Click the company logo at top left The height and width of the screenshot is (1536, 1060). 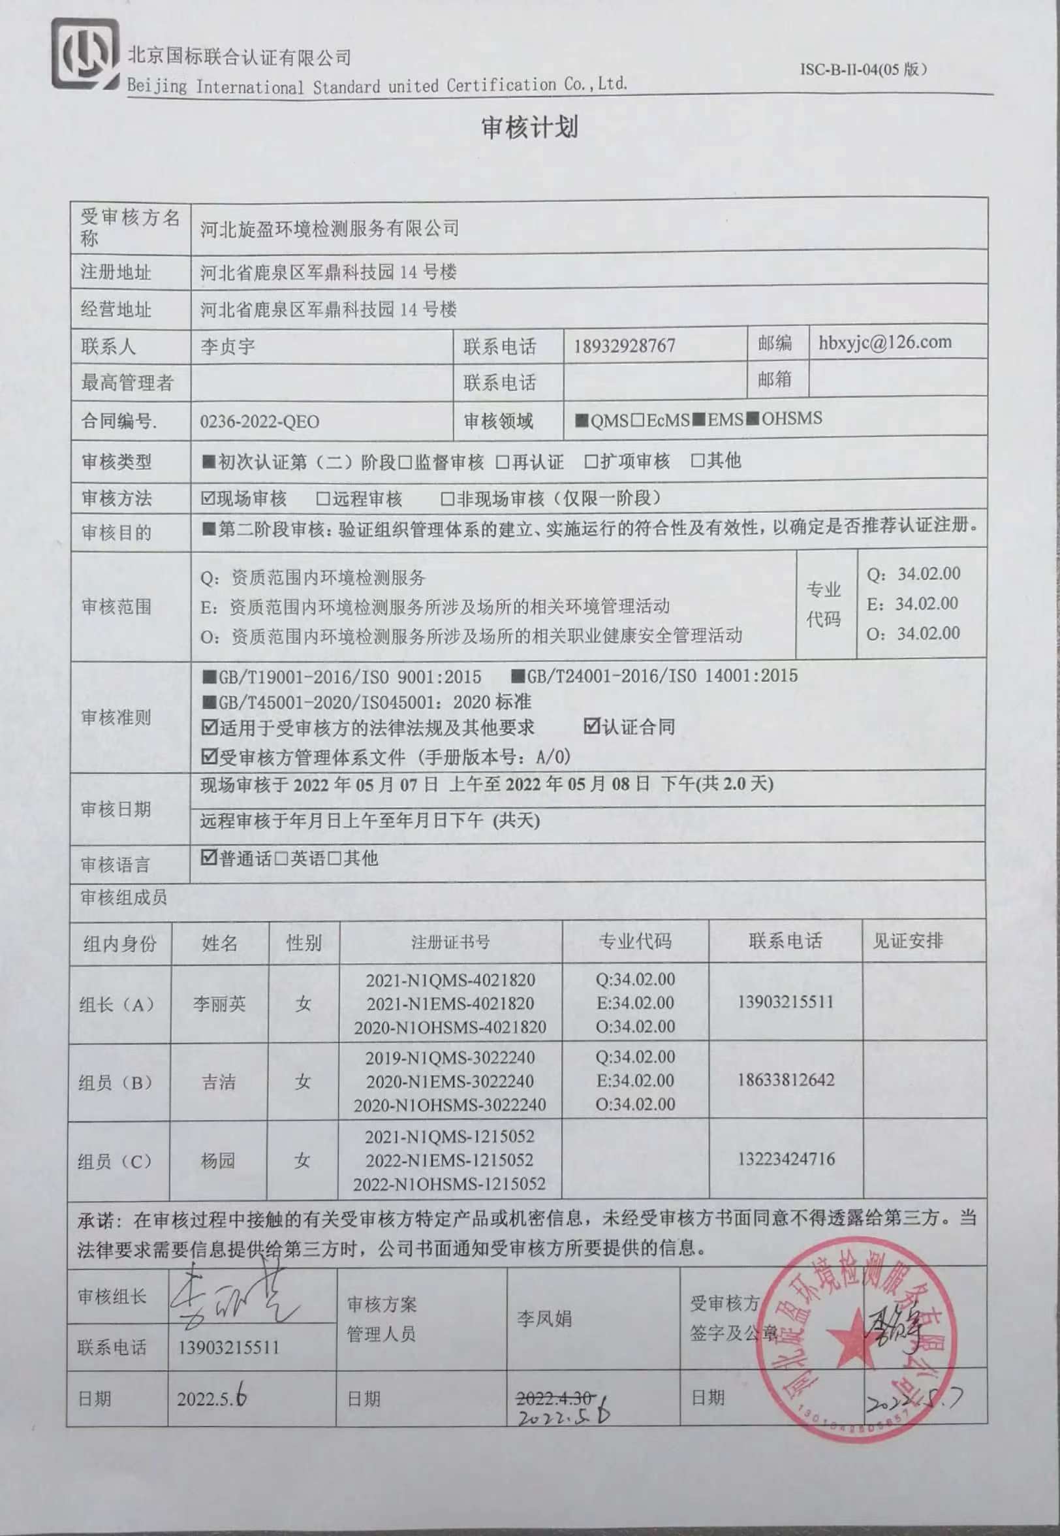pyautogui.click(x=85, y=54)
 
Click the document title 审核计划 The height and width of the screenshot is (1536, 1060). pyautogui.click(x=529, y=127)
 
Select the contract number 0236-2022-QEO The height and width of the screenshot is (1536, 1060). pyautogui.click(x=259, y=422)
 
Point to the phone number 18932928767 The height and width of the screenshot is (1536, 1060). pyautogui.click(x=624, y=346)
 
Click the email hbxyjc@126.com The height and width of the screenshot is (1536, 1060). pyautogui.click(x=884, y=342)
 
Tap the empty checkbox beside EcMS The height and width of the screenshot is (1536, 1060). pyautogui.click(x=637, y=420)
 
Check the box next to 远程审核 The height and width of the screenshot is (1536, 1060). pyautogui.click(x=324, y=498)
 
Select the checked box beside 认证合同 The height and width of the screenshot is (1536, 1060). pyautogui.click(x=591, y=726)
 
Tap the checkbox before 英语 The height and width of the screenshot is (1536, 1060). pyautogui.click(x=281, y=859)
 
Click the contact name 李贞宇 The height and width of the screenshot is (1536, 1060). pyautogui.click(x=228, y=347)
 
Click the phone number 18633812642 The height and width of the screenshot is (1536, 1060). pyautogui.click(x=786, y=1080)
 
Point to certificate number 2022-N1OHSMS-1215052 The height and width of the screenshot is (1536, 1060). pyautogui.click(x=449, y=1184)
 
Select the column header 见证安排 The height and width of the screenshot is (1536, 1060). pyautogui.click(x=907, y=940)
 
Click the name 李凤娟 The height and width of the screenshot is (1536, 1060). pyautogui.click(x=544, y=1319)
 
